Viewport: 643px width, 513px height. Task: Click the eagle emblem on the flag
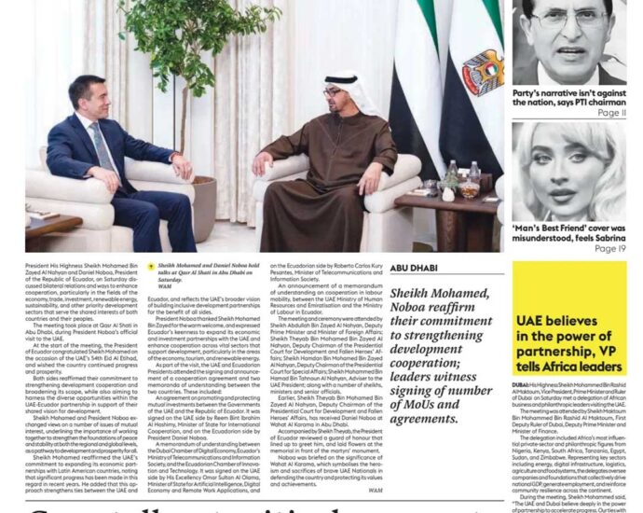[x=482, y=74]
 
